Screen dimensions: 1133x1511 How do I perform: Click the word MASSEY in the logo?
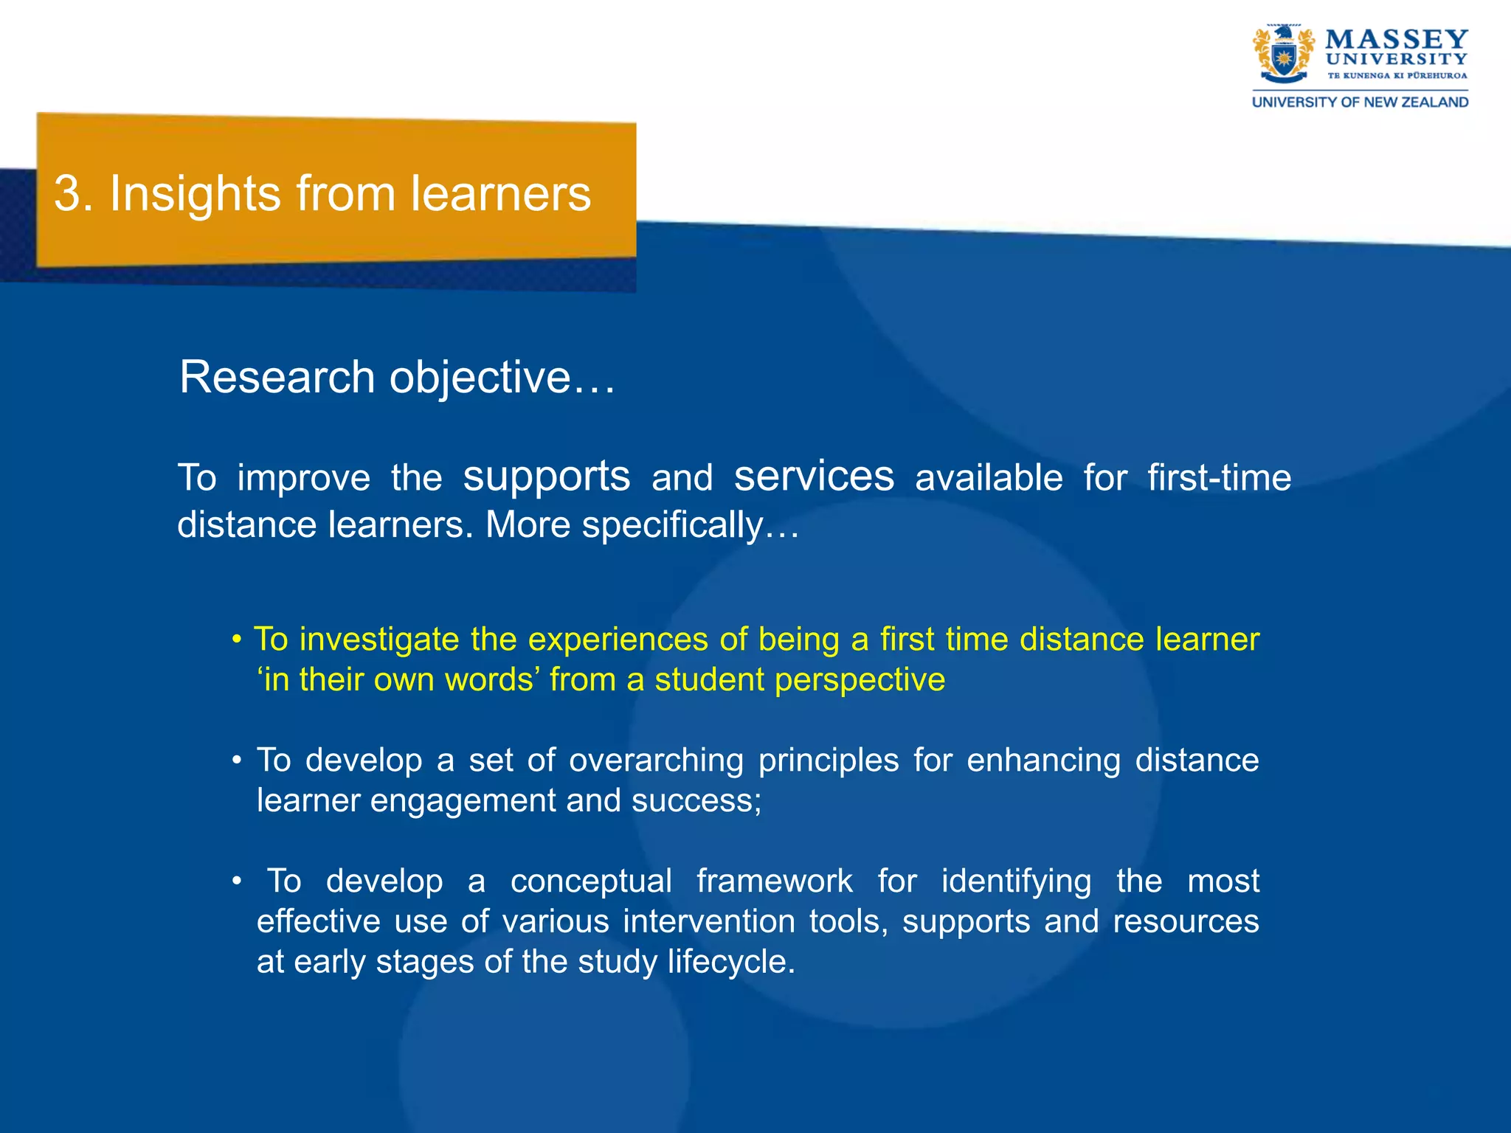(1396, 39)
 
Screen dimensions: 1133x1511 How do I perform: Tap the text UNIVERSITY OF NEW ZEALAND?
(1360, 102)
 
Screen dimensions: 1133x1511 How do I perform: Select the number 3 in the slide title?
(68, 194)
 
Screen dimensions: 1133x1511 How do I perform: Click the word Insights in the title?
(195, 194)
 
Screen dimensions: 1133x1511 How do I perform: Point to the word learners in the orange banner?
(501, 194)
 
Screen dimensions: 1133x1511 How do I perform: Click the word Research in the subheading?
(277, 378)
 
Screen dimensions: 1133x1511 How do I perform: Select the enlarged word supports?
(547, 476)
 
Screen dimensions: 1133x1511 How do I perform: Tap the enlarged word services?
(814, 476)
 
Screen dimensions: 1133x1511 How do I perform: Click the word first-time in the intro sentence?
(1219, 478)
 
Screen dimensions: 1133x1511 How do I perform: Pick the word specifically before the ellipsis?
(672, 525)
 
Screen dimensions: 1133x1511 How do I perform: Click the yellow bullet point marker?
(237, 640)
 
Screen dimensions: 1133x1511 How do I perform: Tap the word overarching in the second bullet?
(656, 760)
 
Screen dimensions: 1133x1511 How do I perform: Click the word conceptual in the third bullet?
(591, 881)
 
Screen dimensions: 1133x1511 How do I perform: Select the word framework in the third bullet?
(774, 881)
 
